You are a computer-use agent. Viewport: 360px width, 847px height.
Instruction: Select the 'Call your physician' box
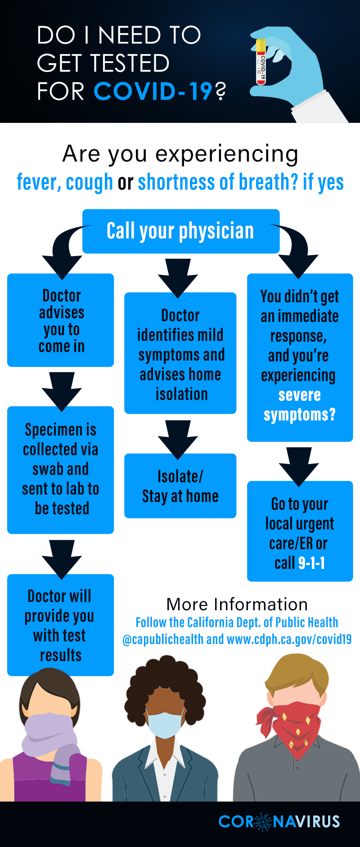click(x=180, y=231)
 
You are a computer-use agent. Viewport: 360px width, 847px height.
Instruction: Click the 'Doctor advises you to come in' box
click(x=61, y=320)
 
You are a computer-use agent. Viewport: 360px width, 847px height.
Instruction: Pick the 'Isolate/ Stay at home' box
click(x=180, y=486)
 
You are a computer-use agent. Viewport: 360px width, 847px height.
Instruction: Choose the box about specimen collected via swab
click(x=61, y=469)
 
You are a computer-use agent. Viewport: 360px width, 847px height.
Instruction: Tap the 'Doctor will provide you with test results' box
click(x=60, y=625)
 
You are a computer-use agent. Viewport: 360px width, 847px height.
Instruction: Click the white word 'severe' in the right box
click(x=299, y=395)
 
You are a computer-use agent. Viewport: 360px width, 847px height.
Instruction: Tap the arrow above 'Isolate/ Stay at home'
click(x=178, y=439)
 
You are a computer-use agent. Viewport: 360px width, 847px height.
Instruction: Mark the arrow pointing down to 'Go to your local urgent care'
click(x=299, y=466)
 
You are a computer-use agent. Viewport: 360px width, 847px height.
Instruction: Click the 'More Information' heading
click(x=237, y=604)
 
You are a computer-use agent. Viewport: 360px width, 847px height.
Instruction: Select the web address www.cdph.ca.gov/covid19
click(x=289, y=640)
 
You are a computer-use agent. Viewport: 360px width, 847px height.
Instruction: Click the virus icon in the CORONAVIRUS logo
click(x=264, y=821)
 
